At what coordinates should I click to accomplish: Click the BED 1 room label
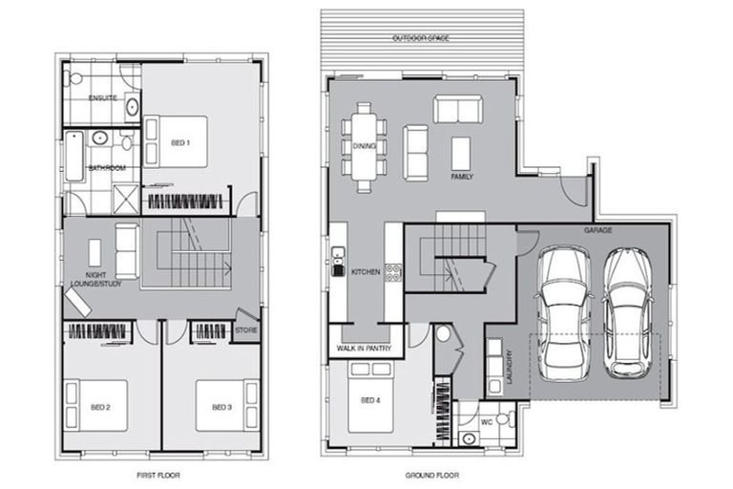tap(180, 142)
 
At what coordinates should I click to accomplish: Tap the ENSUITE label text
tap(103, 97)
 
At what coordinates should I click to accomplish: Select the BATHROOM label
tap(107, 169)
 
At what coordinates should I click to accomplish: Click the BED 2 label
tap(101, 407)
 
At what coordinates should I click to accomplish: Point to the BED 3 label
tap(221, 407)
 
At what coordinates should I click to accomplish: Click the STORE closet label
tap(246, 330)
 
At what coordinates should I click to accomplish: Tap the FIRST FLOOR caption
tap(158, 475)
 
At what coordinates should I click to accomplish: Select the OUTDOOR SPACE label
tap(421, 38)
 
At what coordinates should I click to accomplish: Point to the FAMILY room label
tap(462, 178)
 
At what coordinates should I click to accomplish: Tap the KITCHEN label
tap(366, 272)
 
